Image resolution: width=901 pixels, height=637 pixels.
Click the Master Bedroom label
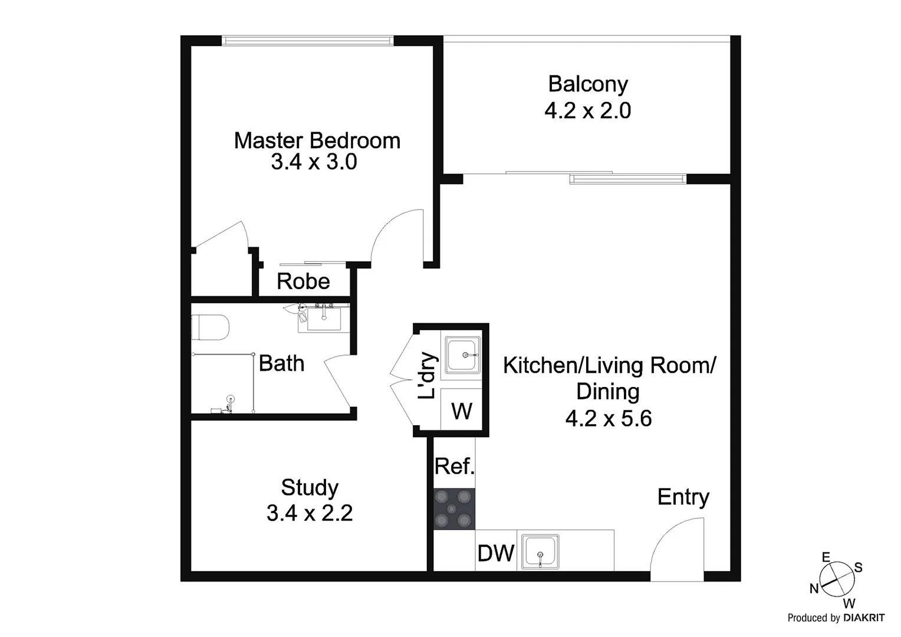tap(317, 140)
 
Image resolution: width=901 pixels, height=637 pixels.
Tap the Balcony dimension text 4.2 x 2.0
tap(587, 111)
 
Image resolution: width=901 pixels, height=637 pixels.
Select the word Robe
tap(303, 281)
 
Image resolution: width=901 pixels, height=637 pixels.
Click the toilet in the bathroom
tap(210, 328)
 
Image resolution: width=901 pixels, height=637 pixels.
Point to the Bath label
tap(281, 363)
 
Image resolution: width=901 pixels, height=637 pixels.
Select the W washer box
tap(462, 411)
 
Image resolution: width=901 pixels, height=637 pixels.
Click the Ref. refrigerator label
tap(455, 467)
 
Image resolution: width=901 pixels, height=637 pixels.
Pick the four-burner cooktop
tap(454, 508)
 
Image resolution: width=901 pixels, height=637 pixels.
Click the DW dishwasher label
tap(496, 553)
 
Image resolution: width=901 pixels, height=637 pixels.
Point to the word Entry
tap(683, 497)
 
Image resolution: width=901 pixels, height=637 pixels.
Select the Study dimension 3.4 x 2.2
tap(310, 513)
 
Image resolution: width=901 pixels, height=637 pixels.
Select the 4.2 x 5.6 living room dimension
tap(608, 419)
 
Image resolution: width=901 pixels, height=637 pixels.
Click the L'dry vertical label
tap(427, 376)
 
